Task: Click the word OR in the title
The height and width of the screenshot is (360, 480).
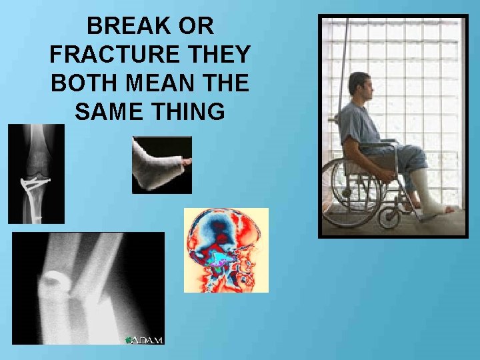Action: (x=198, y=27)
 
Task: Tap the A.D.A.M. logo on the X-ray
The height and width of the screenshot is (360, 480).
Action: (x=144, y=339)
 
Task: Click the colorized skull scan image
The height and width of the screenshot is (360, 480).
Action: (x=226, y=250)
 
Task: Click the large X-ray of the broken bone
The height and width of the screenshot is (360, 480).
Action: (x=87, y=288)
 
